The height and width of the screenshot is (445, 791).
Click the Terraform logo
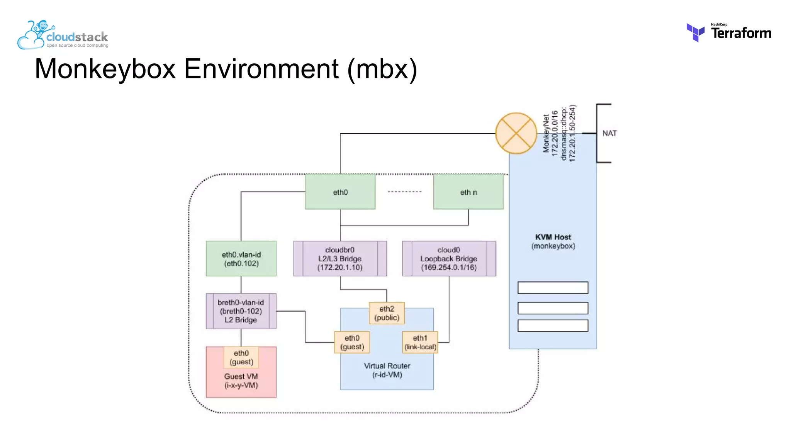728,32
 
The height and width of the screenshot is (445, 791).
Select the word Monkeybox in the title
105,69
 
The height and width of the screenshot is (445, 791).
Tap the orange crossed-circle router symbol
516,133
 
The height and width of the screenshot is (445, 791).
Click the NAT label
609,133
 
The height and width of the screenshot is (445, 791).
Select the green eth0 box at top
340,192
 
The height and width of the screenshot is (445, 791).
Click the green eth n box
468,192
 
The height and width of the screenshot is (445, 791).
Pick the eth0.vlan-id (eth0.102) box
241,259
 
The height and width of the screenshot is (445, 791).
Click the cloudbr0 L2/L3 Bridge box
340,259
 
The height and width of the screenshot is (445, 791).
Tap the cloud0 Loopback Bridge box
449,259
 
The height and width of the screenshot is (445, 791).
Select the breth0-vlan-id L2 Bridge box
241,311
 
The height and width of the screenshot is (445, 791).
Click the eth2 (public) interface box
387,313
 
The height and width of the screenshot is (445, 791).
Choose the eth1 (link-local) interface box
420,342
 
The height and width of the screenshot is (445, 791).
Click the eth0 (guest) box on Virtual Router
352,342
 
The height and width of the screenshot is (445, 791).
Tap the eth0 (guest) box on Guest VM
241,357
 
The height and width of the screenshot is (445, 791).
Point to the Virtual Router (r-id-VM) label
387,370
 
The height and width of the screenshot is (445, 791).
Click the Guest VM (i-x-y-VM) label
241,381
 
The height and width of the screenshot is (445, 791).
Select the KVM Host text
553,237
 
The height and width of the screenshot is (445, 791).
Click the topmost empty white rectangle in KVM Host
553,288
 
